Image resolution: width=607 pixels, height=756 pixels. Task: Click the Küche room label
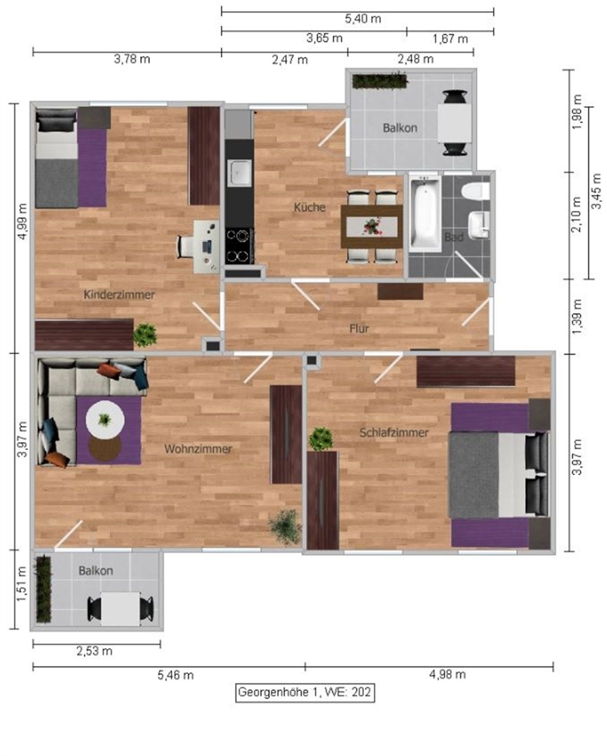coord(309,207)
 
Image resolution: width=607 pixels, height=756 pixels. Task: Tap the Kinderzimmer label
coord(119,294)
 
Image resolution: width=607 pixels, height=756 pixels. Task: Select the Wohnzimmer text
coord(198,449)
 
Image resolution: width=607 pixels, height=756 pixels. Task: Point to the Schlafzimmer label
coord(394,433)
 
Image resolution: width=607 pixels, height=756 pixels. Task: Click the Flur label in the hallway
coord(359,329)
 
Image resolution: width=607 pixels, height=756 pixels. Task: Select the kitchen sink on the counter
coord(239,173)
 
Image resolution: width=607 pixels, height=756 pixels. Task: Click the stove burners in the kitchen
coord(239,246)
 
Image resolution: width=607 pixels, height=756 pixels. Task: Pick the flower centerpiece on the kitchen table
coord(372,226)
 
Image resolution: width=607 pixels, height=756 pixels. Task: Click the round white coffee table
coord(105,419)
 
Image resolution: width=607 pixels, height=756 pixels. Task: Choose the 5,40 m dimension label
coord(363,19)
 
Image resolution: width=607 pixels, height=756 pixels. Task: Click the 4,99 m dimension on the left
coord(23,221)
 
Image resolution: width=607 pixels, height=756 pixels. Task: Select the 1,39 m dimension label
coord(577,317)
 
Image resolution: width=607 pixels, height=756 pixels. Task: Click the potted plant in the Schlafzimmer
coord(321,439)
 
